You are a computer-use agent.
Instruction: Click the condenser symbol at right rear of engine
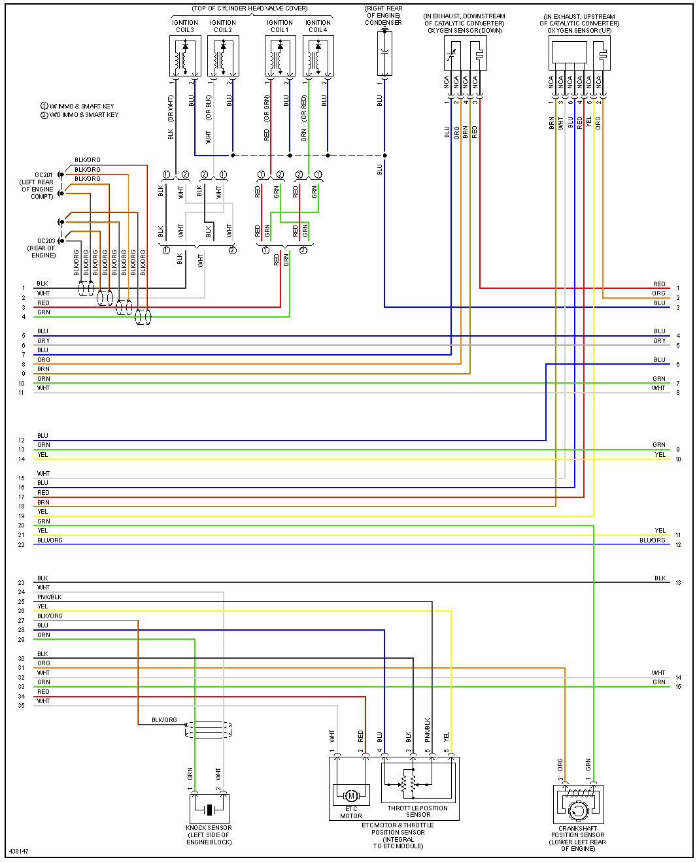pyautogui.click(x=384, y=53)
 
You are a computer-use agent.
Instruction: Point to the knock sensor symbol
pyautogui.click(x=209, y=809)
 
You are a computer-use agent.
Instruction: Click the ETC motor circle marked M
pyautogui.click(x=351, y=795)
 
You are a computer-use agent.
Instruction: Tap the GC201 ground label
pyautogui.click(x=44, y=175)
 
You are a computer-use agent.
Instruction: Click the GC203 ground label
pyautogui.click(x=46, y=241)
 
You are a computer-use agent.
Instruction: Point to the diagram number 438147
pyautogui.click(x=18, y=851)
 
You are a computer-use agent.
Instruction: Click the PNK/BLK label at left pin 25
pyautogui.click(x=50, y=597)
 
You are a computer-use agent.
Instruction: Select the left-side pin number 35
pyautogui.click(x=22, y=706)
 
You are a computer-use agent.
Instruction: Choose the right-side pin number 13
pyautogui.click(x=679, y=583)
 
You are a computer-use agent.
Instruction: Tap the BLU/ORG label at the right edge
pyautogui.click(x=653, y=540)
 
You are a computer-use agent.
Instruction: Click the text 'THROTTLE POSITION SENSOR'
pyautogui.click(x=418, y=811)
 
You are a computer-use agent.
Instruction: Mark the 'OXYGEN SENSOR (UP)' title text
pyautogui.click(x=579, y=31)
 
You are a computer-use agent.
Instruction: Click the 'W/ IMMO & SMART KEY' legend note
pyautogui.click(x=82, y=106)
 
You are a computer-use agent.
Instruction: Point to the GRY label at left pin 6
pyautogui.click(x=44, y=341)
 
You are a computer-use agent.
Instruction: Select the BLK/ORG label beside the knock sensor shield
pyautogui.click(x=164, y=720)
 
